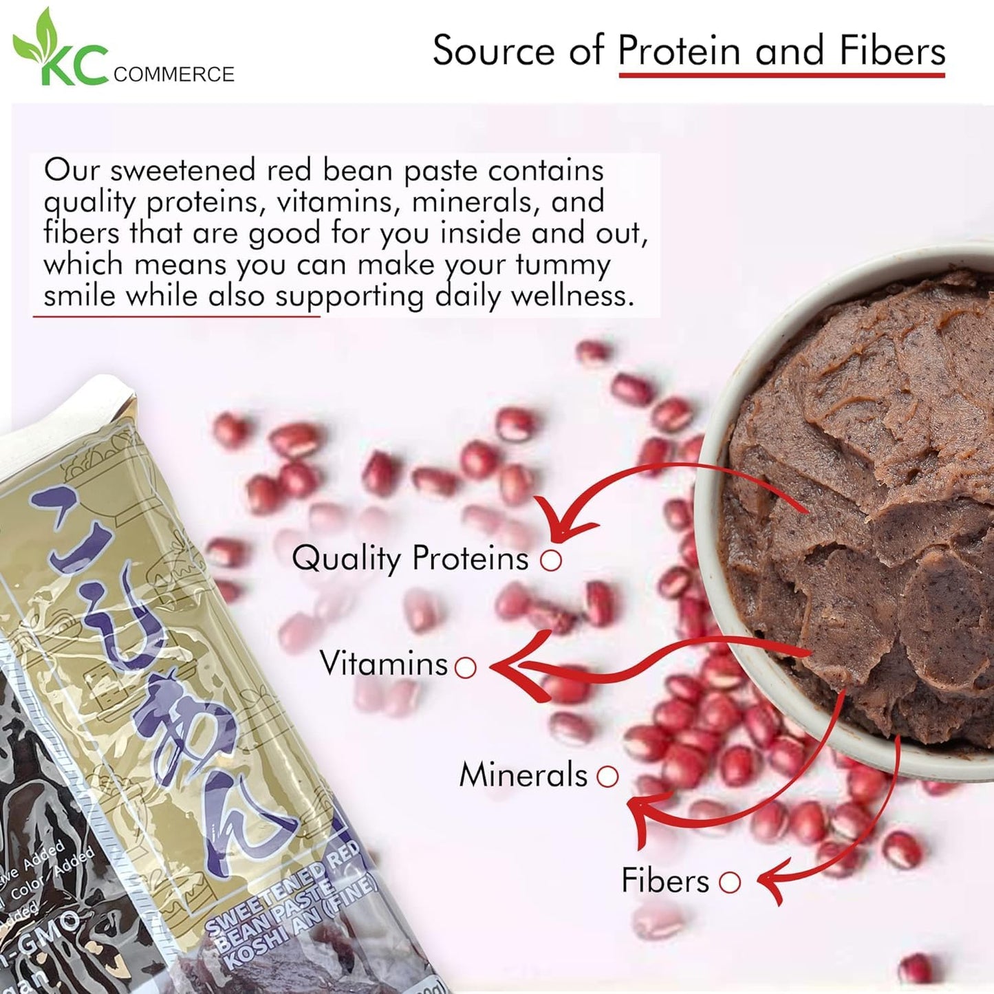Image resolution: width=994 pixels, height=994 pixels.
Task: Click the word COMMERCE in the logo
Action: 173,74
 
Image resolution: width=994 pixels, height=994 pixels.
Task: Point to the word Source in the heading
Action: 493,52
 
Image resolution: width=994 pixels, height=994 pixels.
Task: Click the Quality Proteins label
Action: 410,559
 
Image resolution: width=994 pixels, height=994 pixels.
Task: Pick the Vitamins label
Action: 384,664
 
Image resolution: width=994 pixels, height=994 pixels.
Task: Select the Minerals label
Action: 523,775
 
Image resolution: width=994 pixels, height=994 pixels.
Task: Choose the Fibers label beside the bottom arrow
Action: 665,881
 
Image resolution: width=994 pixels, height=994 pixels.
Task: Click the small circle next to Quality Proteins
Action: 551,561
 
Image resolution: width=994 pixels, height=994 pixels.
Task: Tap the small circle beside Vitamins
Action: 466,667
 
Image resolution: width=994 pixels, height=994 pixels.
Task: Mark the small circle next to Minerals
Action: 607,777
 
